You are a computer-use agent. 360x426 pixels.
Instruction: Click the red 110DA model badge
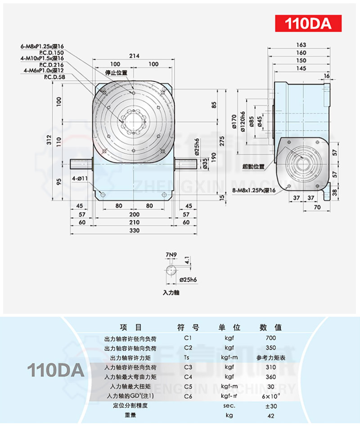(x=308, y=23)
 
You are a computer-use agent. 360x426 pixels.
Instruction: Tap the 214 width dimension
(x=134, y=56)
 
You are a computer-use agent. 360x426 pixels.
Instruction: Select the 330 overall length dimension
(x=134, y=231)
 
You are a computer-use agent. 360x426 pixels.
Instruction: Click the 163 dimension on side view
(x=301, y=45)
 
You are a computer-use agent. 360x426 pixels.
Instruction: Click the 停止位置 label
(x=116, y=73)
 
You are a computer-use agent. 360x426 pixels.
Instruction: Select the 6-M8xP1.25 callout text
(x=43, y=46)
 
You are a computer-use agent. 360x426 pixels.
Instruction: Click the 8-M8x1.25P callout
(x=253, y=191)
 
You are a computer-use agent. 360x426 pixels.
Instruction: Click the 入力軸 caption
(x=171, y=292)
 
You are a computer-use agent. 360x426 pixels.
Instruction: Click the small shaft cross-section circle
(x=171, y=271)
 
